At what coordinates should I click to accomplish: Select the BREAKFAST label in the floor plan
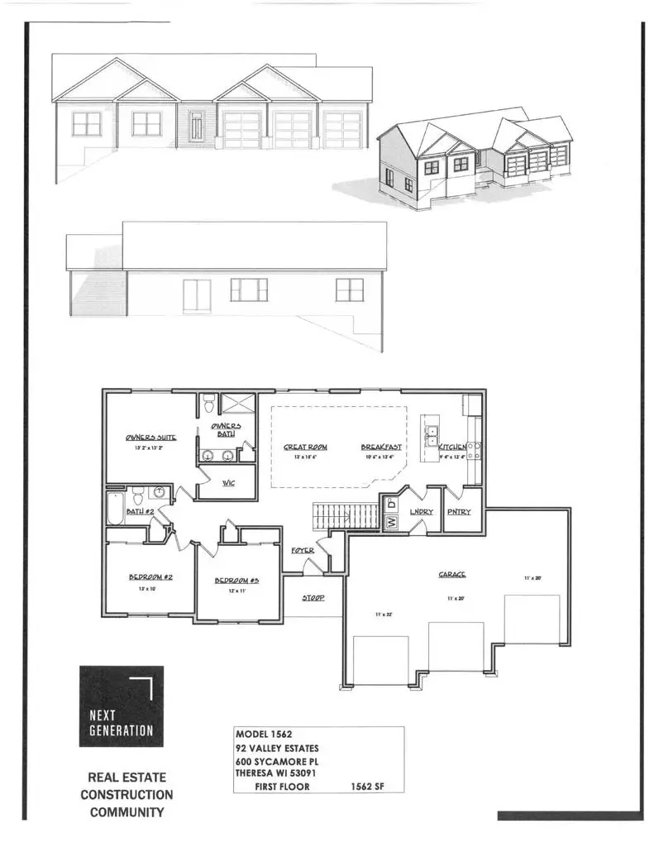tap(380, 447)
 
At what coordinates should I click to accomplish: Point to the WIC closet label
tap(228, 483)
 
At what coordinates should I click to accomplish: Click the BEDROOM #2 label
tap(149, 577)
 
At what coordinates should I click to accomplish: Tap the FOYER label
tap(302, 550)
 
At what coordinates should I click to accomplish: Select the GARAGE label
tap(451, 574)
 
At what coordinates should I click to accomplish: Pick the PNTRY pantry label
tap(458, 512)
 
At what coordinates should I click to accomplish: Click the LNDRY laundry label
tap(421, 512)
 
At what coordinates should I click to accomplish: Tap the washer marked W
tap(391, 522)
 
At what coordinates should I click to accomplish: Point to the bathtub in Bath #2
tap(115, 506)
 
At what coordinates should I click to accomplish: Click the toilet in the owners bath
tap(209, 404)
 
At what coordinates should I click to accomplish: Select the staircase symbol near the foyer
tap(328, 518)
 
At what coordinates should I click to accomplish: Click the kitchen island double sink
tap(431, 435)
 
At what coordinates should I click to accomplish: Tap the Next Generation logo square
tap(121, 706)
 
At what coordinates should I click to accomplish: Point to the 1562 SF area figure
tap(365, 787)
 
